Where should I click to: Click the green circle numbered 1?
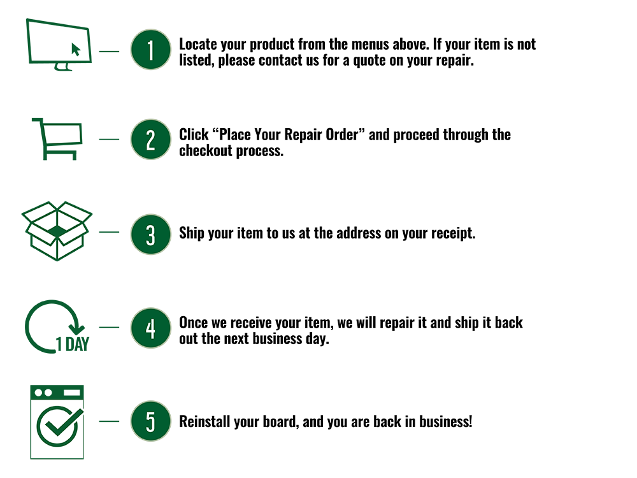[150, 50]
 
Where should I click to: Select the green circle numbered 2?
[150, 140]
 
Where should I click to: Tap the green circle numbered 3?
[150, 235]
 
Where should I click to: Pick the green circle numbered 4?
[150, 329]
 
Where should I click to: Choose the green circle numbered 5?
[150, 421]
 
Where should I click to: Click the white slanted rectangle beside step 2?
[63, 134]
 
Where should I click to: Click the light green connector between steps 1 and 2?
[148, 95]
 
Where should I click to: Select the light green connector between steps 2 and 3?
[148, 187]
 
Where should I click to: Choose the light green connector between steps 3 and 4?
[148, 282]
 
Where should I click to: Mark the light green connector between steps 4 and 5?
[148, 375]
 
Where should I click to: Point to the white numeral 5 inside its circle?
[150, 422]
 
